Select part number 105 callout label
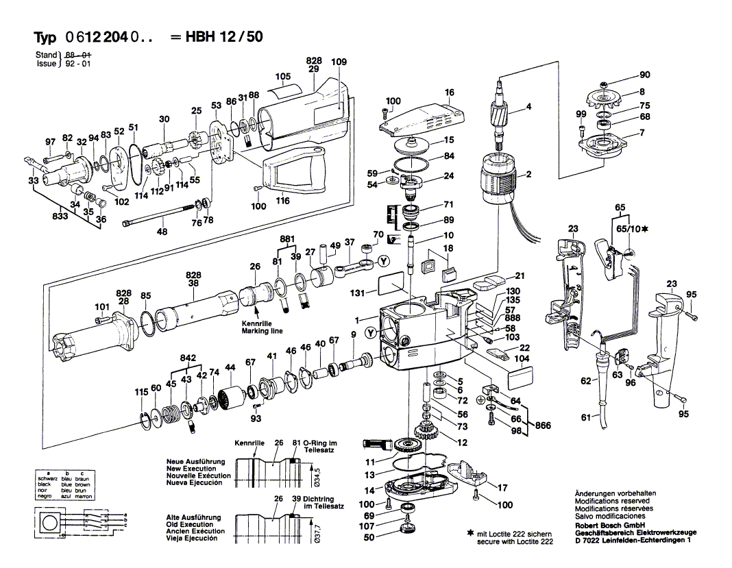pyautogui.click(x=283, y=76)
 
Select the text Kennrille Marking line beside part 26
pyautogui.click(x=261, y=328)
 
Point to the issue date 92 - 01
pyautogui.click(x=78, y=63)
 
